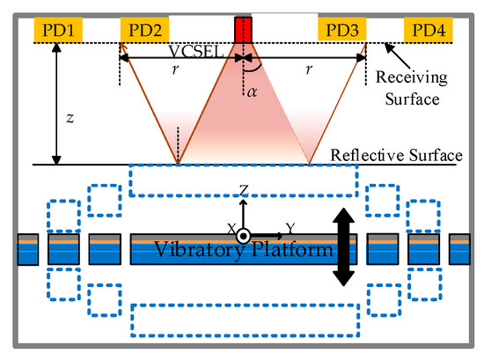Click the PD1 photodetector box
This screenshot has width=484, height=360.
pyautogui.click(x=57, y=33)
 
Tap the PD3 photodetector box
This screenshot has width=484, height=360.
pyautogui.click(x=341, y=33)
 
